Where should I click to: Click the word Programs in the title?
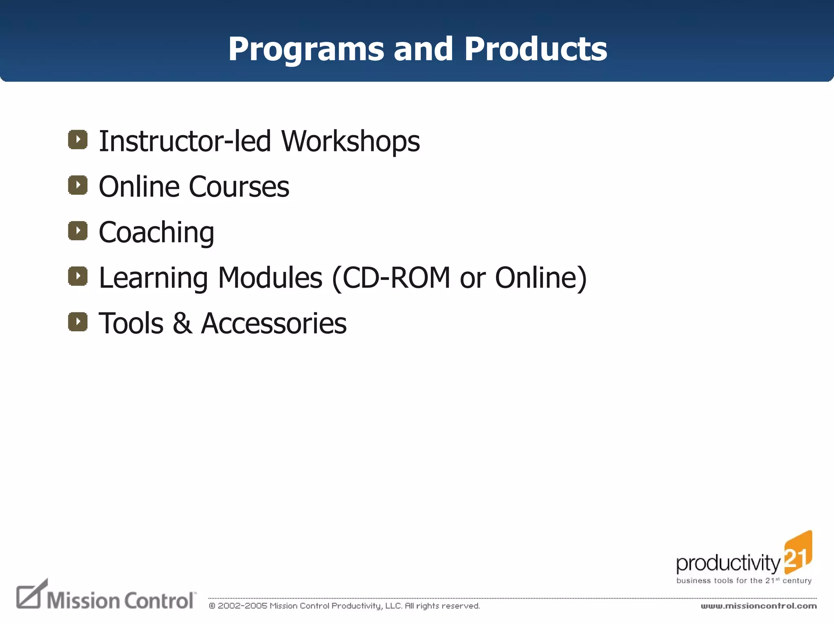(306, 50)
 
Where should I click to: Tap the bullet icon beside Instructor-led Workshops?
(78, 140)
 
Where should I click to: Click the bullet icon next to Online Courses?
(78, 185)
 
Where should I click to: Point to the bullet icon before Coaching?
(78, 231)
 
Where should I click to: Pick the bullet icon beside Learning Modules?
(78, 276)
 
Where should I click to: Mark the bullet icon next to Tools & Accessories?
(78, 322)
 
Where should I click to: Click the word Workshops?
(351, 142)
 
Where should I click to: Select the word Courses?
(239, 187)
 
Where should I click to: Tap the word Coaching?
(156, 233)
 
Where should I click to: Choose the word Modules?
(270, 278)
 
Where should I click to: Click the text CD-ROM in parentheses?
(396, 278)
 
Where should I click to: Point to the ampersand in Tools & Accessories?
(182, 324)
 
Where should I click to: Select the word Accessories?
(274, 324)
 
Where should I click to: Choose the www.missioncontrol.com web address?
(758, 606)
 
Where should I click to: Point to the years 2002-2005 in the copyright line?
(242, 606)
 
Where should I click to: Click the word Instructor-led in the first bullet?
(185, 142)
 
